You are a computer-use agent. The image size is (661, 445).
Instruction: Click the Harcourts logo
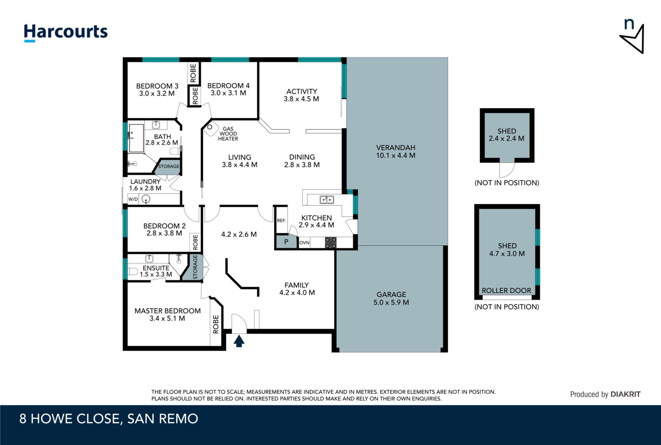click(65, 33)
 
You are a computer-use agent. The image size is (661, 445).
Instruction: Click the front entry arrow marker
click(239, 341)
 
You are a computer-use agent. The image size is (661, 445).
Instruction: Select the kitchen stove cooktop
click(330, 242)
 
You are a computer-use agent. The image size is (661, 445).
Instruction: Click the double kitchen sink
click(327, 199)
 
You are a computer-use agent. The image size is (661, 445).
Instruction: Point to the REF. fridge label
click(281, 221)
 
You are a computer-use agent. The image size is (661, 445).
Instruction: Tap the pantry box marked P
click(286, 242)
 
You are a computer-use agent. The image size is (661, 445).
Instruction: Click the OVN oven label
click(304, 243)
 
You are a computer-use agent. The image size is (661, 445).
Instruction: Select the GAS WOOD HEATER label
click(228, 134)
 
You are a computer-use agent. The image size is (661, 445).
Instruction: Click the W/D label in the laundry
click(133, 199)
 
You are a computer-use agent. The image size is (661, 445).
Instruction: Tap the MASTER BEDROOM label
click(168, 311)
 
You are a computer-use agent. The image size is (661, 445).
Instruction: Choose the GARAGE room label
click(391, 295)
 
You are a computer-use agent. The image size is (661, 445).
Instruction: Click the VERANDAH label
click(396, 148)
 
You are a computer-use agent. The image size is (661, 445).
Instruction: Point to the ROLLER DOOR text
click(506, 290)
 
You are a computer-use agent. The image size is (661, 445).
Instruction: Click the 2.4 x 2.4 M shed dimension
click(506, 138)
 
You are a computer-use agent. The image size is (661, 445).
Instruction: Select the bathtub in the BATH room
click(136, 138)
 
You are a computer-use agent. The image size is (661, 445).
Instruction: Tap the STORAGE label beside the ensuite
click(195, 267)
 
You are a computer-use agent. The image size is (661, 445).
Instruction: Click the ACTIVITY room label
click(302, 92)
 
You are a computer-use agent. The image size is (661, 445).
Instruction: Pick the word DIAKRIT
click(625, 394)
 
